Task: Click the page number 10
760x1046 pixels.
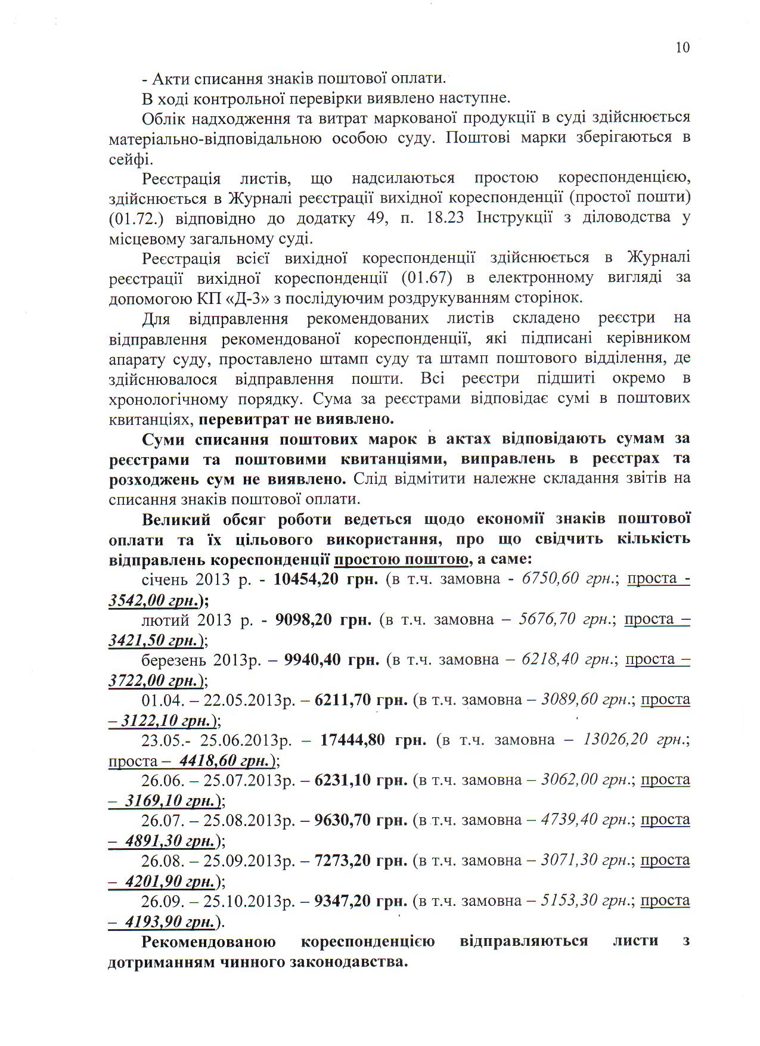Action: [x=683, y=48]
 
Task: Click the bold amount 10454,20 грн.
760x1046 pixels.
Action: [x=325, y=579]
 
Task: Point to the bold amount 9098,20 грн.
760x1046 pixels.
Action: [x=324, y=619]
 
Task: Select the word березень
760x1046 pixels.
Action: [x=173, y=660]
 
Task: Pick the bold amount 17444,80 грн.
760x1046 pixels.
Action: [x=373, y=740]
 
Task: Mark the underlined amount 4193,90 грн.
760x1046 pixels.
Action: [x=169, y=922]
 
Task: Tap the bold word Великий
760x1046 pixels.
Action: [x=173, y=519]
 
